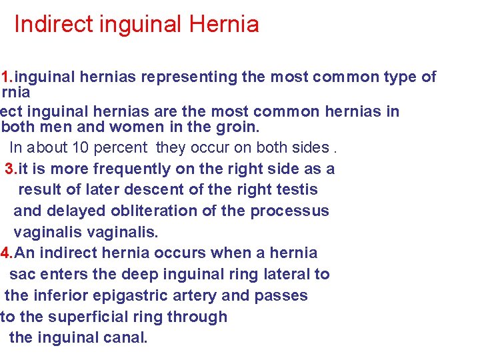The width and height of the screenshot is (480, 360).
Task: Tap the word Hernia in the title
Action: coord(224,25)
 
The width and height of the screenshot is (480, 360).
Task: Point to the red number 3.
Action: coord(11,169)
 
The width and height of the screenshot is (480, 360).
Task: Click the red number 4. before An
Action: coord(7,253)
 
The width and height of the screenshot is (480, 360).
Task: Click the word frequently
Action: coord(122,169)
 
